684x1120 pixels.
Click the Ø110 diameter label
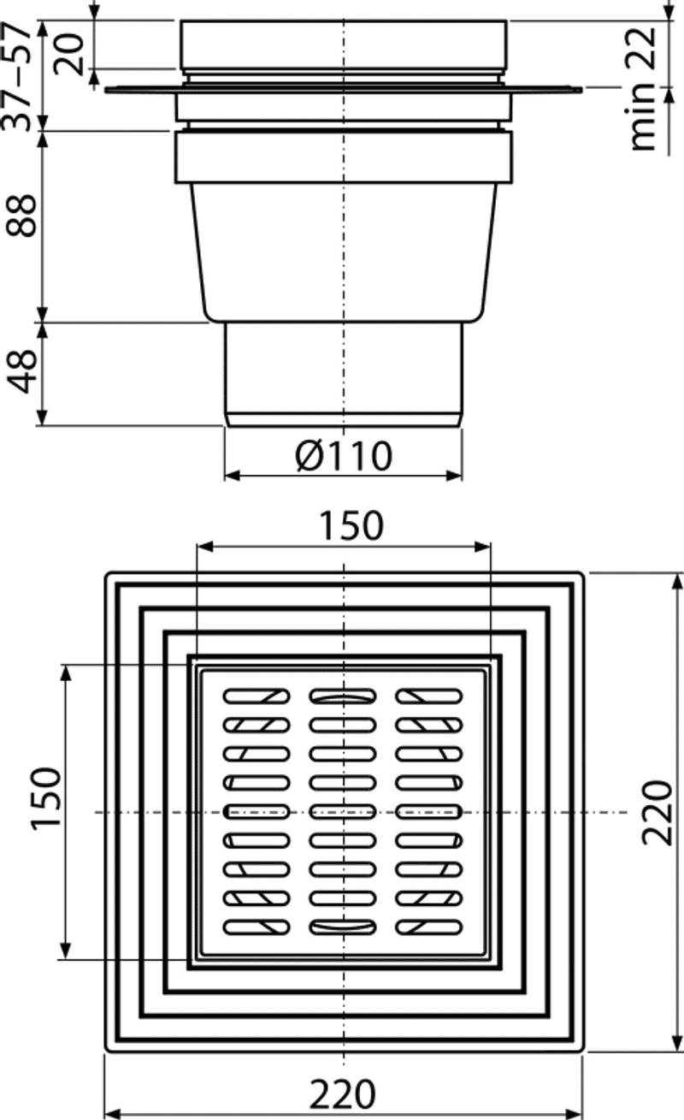(x=343, y=455)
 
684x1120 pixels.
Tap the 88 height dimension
(x=21, y=215)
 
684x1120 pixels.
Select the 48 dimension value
(x=21, y=371)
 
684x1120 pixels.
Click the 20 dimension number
(x=69, y=54)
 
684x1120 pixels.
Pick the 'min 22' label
(x=643, y=88)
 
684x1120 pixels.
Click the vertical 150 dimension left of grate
(x=46, y=813)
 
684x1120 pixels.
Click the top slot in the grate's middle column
(x=342, y=696)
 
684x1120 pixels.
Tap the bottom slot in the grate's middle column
(x=342, y=927)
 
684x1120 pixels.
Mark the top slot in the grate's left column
(x=256, y=696)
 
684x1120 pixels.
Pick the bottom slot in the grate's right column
(x=428, y=927)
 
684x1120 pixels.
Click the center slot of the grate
(x=342, y=812)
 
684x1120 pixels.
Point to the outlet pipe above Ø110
(x=343, y=375)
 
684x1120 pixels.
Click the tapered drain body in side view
(x=343, y=253)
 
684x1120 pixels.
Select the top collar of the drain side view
(x=343, y=44)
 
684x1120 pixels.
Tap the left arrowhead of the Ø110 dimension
(x=232, y=475)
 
